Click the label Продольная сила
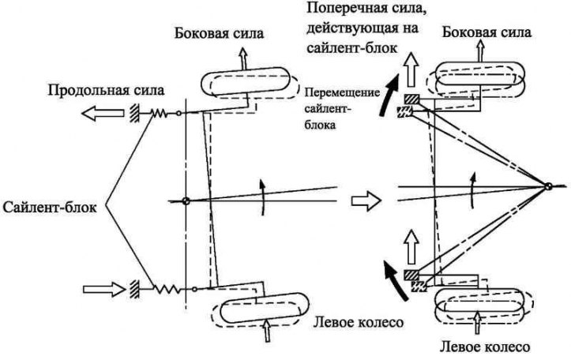pyautogui.click(x=107, y=90)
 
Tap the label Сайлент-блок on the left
pyautogui.click(x=50, y=208)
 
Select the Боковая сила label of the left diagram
pyautogui.click(x=219, y=33)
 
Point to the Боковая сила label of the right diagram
pyautogui.click(x=486, y=32)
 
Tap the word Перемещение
pyautogui.click(x=342, y=92)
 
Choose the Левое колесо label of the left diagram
pyautogui.click(x=359, y=322)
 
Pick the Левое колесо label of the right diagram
pyautogui.click(x=485, y=347)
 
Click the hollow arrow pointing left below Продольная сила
pyautogui.click(x=103, y=113)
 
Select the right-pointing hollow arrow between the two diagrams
pyautogui.click(x=366, y=201)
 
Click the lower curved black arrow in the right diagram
pyautogui.click(x=394, y=280)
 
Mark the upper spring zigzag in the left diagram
pyautogui.click(x=159, y=114)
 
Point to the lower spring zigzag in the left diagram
pyautogui.click(x=167, y=289)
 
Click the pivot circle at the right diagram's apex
pyautogui.click(x=547, y=186)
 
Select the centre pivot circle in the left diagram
pyautogui.click(x=186, y=201)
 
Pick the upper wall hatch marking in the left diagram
pyautogui.click(x=134, y=114)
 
